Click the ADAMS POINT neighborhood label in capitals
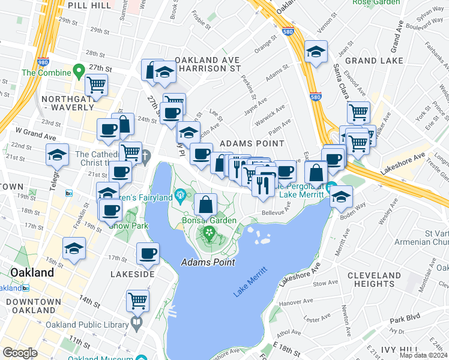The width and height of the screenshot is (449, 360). click(252, 143)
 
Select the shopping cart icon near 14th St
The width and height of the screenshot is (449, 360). click(137, 300)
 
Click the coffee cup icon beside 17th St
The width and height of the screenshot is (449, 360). click(148, 253)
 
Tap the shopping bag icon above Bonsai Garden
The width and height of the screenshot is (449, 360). click(205, 205)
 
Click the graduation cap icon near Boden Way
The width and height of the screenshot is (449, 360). click(341, 196)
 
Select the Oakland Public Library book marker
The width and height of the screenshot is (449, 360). click(137, 324)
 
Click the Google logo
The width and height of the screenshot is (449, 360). click(20, 353)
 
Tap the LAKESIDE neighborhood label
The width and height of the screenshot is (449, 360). click(132, 274)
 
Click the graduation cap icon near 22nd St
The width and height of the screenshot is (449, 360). click(57, 156)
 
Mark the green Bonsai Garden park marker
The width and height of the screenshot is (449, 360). click(209, 233)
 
